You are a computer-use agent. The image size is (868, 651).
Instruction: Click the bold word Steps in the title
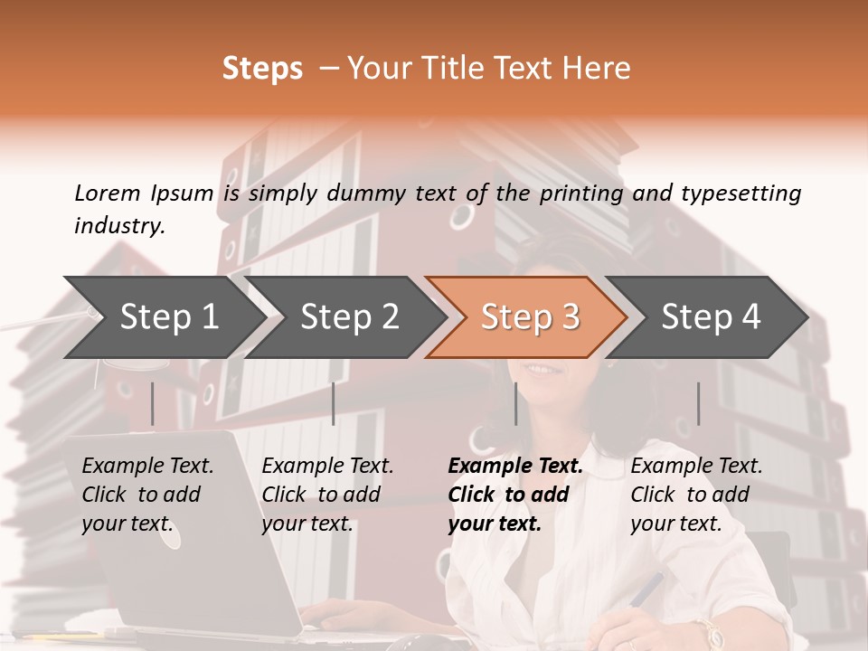pos(262,69)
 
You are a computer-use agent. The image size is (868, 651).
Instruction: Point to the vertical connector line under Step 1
pos(153,403)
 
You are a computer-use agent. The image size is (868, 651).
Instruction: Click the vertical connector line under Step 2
pos(334,403)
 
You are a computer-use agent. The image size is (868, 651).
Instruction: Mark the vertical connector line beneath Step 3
pos(515,403)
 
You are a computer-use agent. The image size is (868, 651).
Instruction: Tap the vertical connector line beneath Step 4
pos(698,403)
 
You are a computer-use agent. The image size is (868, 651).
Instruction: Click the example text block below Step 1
pos(147,495)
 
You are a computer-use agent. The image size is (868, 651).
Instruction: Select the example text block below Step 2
pos(327,495)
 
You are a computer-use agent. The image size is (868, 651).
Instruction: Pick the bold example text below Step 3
pos(515,495)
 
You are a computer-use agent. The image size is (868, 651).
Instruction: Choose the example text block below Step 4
pos(696,495)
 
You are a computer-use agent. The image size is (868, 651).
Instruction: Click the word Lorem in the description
pos(107,193)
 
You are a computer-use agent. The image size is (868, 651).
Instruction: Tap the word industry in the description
pos(119,226)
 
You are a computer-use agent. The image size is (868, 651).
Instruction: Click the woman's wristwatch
pos(707,632)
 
